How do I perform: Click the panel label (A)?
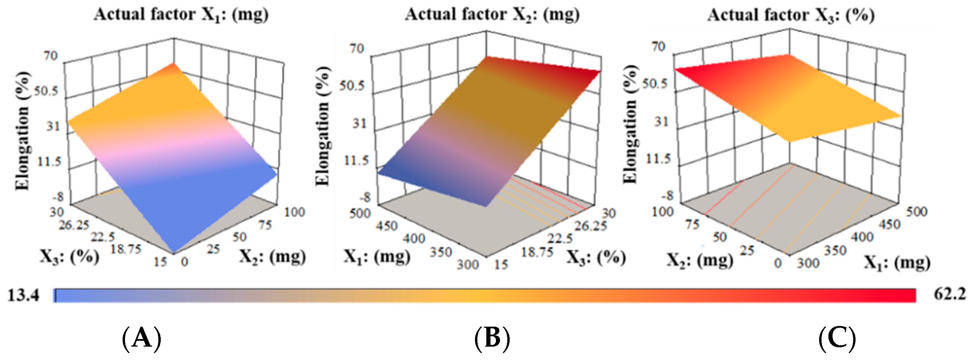tap(142, 338)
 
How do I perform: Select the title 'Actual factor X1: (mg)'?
tap(181, 15)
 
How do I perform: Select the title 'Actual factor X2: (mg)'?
tap(492, 15)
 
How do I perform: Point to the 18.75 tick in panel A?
tap(126, 249)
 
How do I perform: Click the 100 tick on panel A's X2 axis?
tap(294, 212)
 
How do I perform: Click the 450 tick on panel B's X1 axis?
tap(386, 226)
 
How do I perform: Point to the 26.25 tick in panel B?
tap(591, 226)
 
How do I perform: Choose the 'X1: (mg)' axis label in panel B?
tap(376, 257)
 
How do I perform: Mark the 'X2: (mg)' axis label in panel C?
tap(700, 260)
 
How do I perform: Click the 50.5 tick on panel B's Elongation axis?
tap(352, 86)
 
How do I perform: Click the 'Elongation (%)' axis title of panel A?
tap(22, 130)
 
